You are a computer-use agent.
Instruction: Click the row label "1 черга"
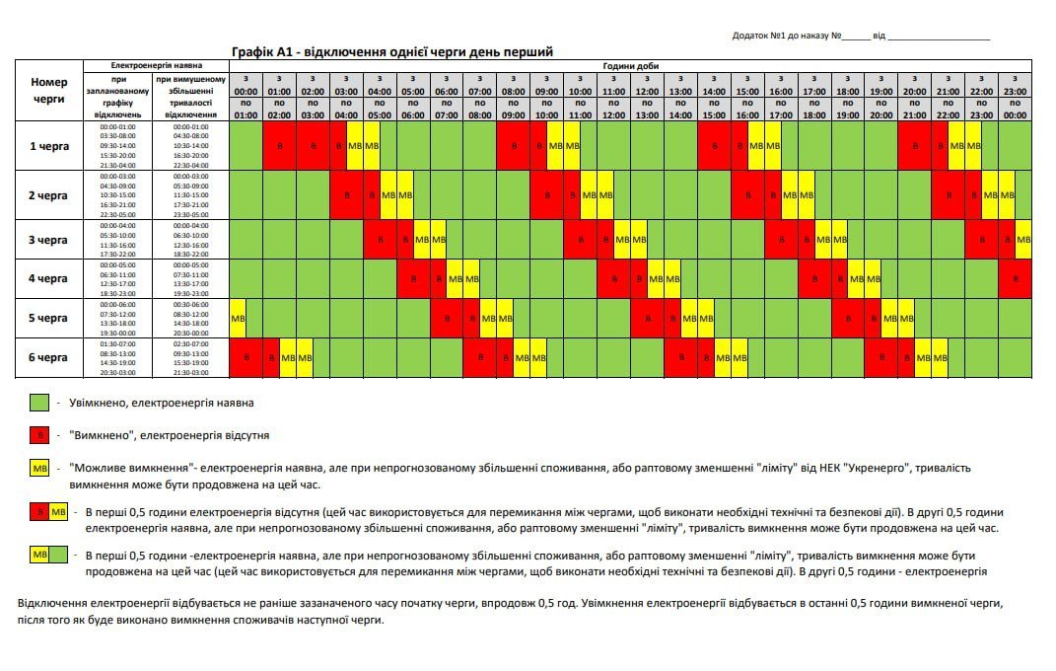pos(48,146)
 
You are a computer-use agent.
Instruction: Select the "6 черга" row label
pos(48,357)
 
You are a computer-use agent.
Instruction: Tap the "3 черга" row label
pos(48,240)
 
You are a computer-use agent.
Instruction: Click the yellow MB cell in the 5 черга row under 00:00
pos(238,319)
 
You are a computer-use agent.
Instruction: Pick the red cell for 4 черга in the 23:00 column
pos(1015,278)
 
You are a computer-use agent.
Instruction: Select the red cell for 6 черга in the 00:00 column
pos(246,357)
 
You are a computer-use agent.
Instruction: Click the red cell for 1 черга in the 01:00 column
pos(280,146)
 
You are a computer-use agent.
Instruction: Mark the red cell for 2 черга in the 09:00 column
pos(546,195)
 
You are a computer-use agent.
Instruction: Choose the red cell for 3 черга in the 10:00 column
pos(580,240)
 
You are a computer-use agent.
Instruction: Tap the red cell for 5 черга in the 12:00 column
pos(647,319)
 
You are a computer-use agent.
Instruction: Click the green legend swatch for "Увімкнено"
pos(39,403)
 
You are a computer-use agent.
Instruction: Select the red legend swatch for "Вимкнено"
pos(39,434)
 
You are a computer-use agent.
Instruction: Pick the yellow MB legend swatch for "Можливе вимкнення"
pos(39,468)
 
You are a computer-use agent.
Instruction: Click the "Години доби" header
pos(630,66)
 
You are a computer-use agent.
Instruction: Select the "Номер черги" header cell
pos(48,91)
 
